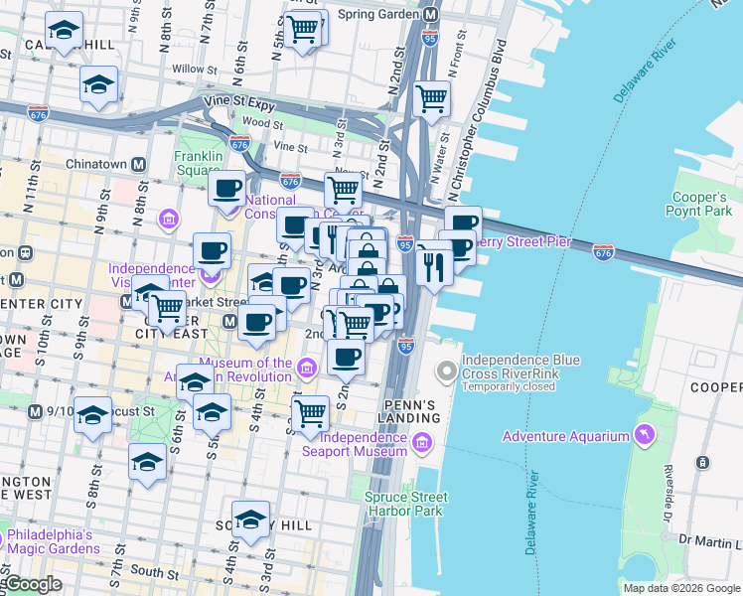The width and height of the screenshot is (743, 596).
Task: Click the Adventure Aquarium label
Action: tap(565, 437)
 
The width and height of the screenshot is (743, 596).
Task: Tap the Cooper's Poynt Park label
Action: tap(701, 204)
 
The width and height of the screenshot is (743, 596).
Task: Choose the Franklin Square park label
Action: tap(197, 163)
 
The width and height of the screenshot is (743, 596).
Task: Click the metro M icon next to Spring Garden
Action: tap(430, 15)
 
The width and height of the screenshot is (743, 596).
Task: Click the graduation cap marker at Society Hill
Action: tap(250, 520)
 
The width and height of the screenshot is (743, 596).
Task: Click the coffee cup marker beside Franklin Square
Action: tap(227, 187)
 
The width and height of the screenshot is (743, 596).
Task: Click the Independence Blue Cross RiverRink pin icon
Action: tap(446, 372)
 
